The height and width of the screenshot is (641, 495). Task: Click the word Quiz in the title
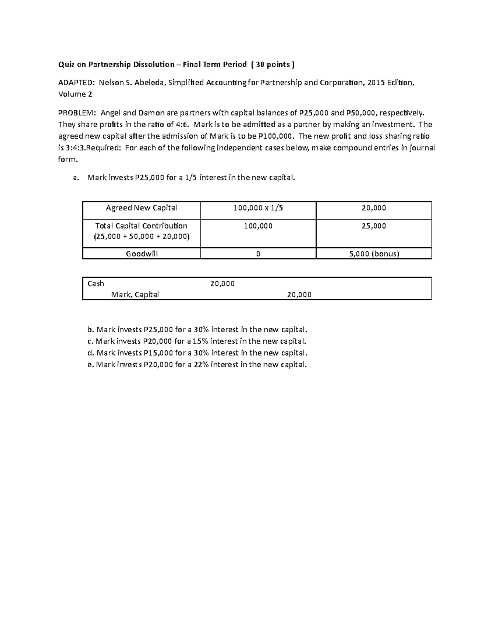pyautogui.click(x=65, y=64)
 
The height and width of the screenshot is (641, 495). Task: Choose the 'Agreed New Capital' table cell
pyautogui.click(x=141, y=208)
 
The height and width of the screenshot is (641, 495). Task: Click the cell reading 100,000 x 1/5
pyautogui.click(x=258, y=208)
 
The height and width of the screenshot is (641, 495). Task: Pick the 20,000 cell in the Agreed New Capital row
pyautogui.click(x=374, y=208)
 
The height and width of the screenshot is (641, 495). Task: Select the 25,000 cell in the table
pyautogui.click(x=374, y=226)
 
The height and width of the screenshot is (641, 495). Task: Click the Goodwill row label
pyautogui.click(x=141, y=254)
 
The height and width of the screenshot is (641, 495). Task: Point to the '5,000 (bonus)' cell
pyautogui.click(x=374, y=254)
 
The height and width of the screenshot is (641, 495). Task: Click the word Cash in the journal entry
pyautogui.click(x=96, y=284)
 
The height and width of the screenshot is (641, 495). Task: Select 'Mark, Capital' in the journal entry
pyautogui.click(x=135, y=295)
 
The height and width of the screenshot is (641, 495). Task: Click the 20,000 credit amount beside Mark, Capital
pyautogui.click(x=299, y=295)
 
